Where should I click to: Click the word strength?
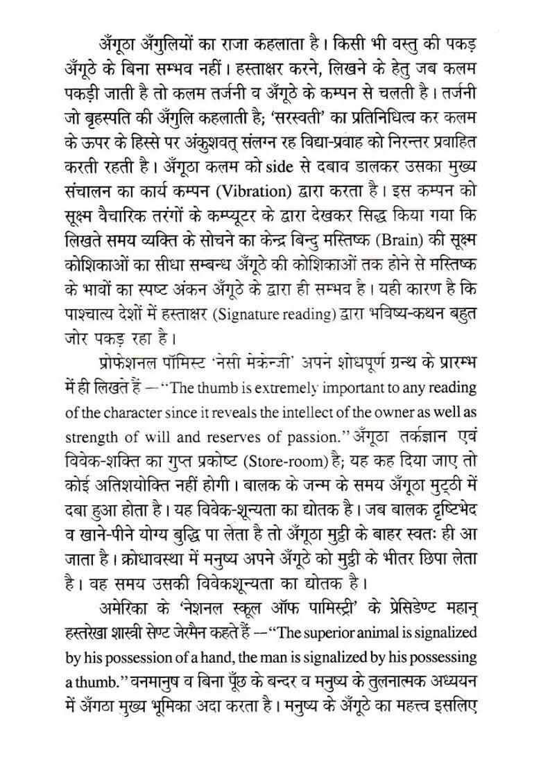point(95,437)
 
